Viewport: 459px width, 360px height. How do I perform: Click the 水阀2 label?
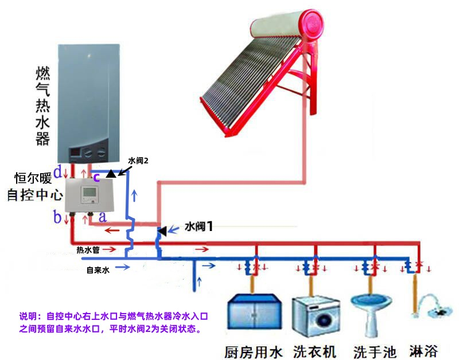(x=138, y=162)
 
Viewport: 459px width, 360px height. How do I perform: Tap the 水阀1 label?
(x=199, y=226)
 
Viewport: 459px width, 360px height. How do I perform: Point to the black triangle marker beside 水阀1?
(x=162, y=231)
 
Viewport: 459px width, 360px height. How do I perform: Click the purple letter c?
(x=96, y=177)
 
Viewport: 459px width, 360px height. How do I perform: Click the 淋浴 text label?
(x=426, y=350)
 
